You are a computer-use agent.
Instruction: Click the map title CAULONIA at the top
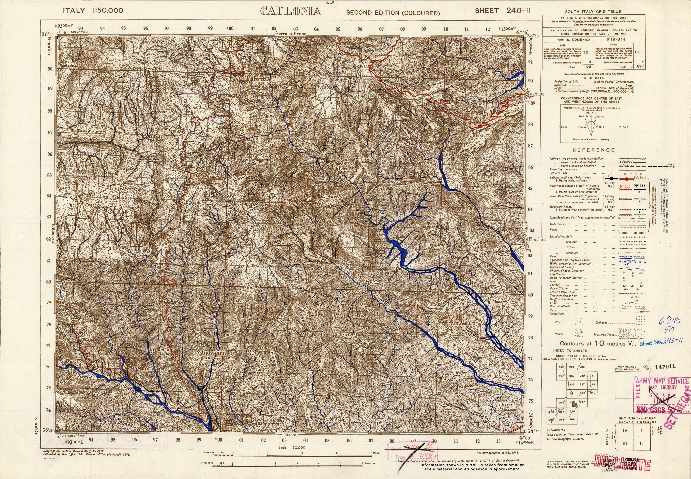(x=290, y=11)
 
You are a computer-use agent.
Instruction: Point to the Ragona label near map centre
(x=315, y=177)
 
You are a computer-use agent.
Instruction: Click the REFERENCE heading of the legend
(x=593, y=150)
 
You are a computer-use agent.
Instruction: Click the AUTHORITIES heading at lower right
(x=556, y=430)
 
